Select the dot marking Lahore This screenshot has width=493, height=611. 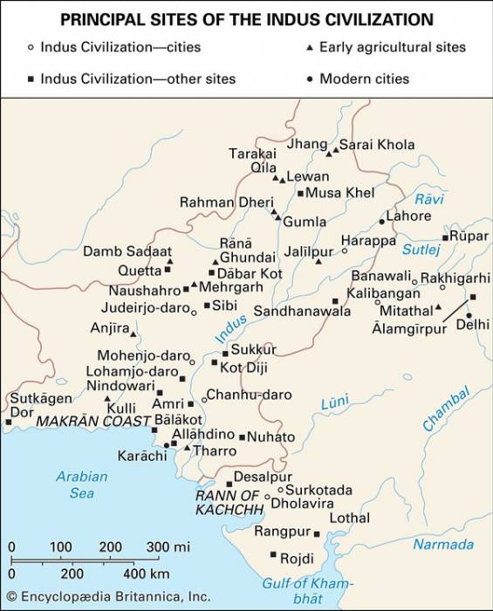pyautogui.click(x=381, y=222)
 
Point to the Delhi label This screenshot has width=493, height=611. pyautogui.click(x=472, y=324)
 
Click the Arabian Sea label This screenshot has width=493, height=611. pyautogui.click(x=81, y=484)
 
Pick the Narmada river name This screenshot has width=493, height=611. pyautogui.click(x=442, y=545)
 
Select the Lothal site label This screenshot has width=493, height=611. pyautogui.click(x=349, y=518)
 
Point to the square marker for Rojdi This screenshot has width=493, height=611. pyautogui.click(x=273, y=555)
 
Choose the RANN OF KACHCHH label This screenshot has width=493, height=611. pyautogui.click(x=229, y=502)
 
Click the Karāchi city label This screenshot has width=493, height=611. pyautogui.click(x=141, y=456)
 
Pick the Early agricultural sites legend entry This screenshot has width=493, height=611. pyautogui.click(x=392, y=47)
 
